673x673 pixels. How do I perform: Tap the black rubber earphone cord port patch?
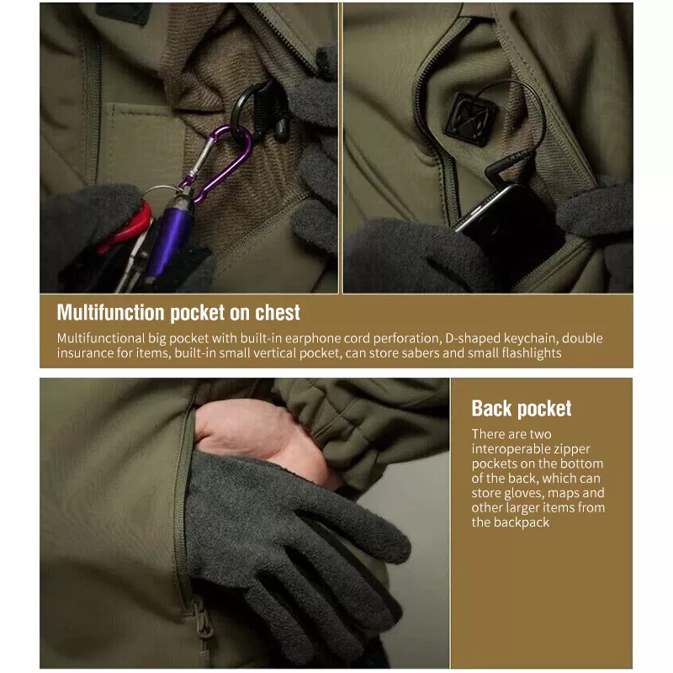[x=470, y=119]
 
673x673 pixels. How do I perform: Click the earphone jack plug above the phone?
[x=511, y=166]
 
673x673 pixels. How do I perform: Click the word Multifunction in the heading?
[x=111, y=312]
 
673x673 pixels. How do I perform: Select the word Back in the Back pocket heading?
[x=493, y=408]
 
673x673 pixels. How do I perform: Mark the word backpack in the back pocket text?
[x=521, y=522]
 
